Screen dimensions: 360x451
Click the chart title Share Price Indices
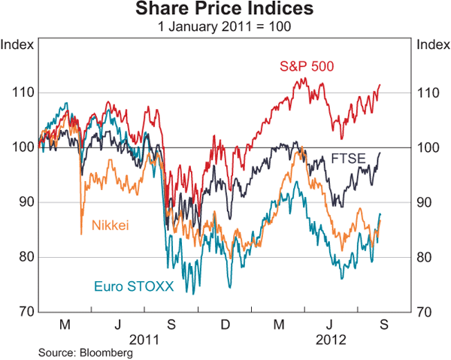click(x=225, y=10)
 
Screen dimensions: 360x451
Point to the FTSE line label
click(x=347, y=159)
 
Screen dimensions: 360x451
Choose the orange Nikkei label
click(x=110, y=224)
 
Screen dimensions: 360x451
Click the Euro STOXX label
click(x=123, y=286)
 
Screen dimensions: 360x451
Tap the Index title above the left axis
click(x=17, y=44)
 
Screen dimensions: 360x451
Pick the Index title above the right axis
click(x=432, y=44)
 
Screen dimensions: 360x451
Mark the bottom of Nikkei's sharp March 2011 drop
click(x=80, y=234)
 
